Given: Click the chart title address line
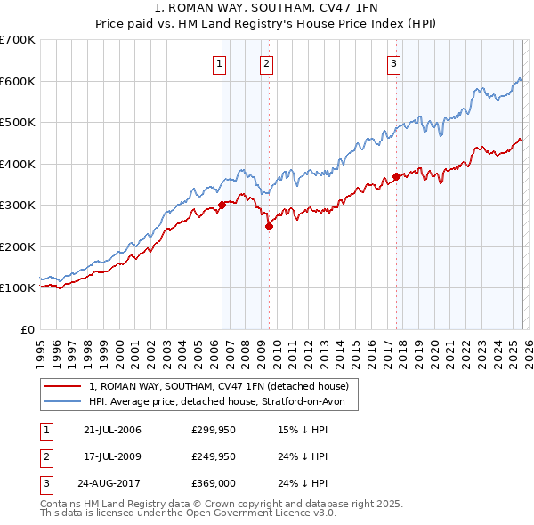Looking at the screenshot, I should tap(266, 8).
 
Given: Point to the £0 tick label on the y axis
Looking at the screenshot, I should tap(28, 329).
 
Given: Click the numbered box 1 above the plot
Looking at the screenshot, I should tap(219, 62).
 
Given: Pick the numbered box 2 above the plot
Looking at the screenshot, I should tap(266, 62).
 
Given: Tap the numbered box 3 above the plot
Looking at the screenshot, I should tap(393, 62).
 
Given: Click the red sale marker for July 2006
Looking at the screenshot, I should tap(222, 205).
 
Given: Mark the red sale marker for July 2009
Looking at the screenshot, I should tap(269, 226).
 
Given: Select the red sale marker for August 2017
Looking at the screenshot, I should tap(396, 176).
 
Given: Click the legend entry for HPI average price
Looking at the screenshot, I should tap(222, 402).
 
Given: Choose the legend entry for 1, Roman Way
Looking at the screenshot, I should tap(223, 386).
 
